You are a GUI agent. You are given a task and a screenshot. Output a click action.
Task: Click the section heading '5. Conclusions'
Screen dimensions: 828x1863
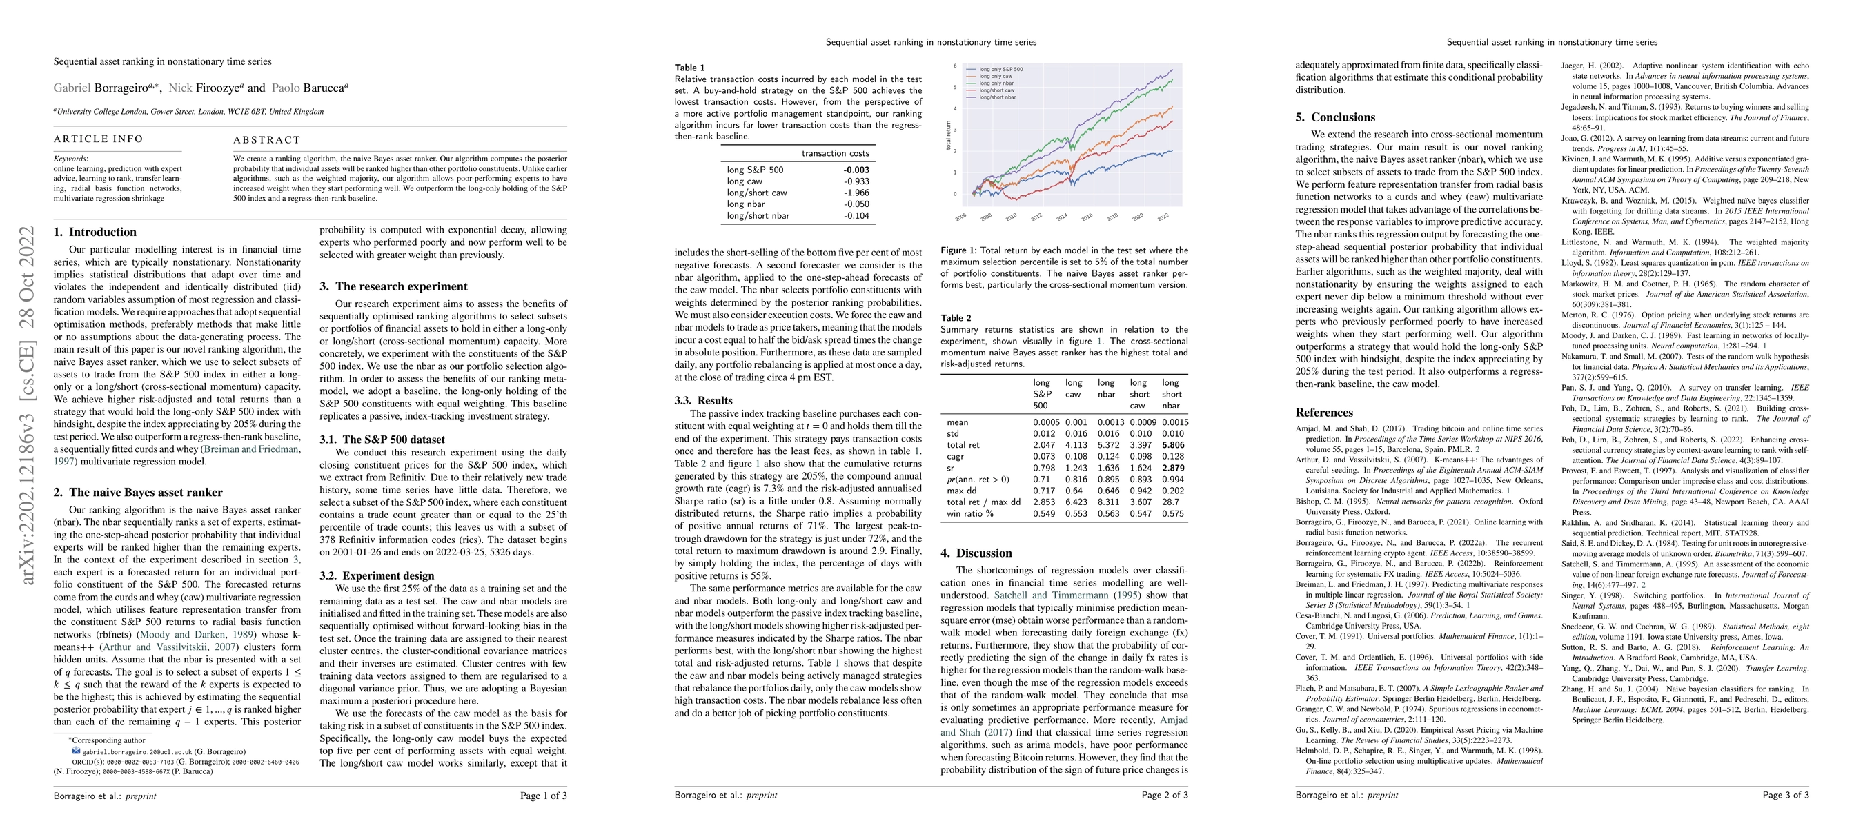pos(1335,117)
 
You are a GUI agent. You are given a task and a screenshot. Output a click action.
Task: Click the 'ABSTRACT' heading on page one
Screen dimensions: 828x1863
pos(266,139)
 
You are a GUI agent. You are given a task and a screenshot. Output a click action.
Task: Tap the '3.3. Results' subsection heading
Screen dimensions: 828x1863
pos(703,401)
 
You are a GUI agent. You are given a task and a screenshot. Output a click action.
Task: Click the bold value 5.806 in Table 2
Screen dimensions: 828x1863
pos(1172,446)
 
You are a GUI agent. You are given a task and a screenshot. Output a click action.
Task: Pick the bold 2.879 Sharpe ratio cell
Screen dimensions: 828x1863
pos(1172,468)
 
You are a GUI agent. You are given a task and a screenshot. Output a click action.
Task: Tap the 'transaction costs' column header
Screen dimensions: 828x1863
pos(835,153)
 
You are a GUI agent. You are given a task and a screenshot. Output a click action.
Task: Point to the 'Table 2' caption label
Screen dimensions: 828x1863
pos(956,318)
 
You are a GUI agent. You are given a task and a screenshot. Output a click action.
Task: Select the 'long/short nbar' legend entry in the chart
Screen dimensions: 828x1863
pos(997,97)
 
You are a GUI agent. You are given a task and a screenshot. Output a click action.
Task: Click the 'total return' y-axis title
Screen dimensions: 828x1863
pos(949,135)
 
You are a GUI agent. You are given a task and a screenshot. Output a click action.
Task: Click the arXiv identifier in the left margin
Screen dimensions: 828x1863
pos(28,405)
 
